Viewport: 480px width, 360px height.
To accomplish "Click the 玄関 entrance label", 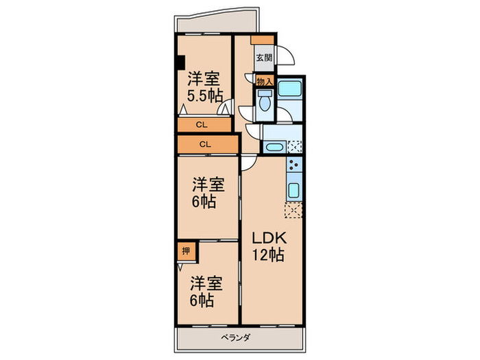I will click(x=264, y=58).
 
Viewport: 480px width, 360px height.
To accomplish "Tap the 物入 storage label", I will click(x=264, y=82).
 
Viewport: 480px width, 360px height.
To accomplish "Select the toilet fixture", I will click(x=264, y=104).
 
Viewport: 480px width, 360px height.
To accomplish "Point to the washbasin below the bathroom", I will click(x=274, y=147).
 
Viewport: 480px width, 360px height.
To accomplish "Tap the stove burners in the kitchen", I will click(x=293, y=166).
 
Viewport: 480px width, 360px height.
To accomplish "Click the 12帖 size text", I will click(x=267, y=255).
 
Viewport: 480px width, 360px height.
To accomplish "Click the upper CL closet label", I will click(x=202, y=125).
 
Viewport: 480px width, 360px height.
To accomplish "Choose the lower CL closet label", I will click(x=205, y=144).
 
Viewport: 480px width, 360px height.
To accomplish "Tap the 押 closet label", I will click(x=186, y=252).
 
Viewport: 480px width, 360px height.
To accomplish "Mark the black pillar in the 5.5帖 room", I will click(x=180, y=62).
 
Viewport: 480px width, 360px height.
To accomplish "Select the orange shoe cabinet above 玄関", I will click(x=259, y=40).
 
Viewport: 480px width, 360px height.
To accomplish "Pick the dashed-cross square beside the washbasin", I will click(x=295, y=146).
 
